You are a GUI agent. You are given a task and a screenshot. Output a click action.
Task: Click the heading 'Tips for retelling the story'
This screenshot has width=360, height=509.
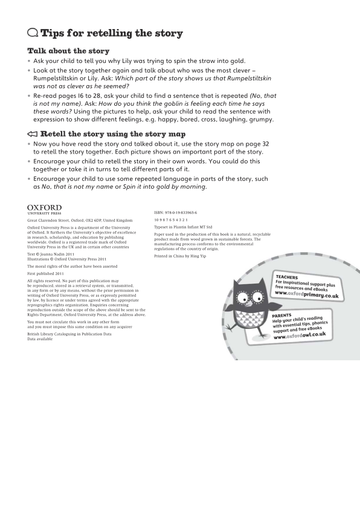111,33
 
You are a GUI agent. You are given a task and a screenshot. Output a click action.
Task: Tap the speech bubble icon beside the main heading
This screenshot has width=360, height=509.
33,33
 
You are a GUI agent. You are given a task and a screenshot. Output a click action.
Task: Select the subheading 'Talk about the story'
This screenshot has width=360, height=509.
68,51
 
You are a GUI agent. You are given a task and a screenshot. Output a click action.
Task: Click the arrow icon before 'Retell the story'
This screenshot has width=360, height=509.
33,134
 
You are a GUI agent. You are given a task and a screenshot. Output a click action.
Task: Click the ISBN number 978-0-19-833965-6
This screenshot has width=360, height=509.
175,213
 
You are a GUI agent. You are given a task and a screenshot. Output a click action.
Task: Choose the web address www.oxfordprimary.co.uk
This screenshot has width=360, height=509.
306,293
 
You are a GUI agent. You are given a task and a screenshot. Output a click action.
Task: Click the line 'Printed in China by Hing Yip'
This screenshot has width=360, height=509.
179,257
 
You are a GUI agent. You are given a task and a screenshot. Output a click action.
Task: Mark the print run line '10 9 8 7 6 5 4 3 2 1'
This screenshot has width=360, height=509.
171,220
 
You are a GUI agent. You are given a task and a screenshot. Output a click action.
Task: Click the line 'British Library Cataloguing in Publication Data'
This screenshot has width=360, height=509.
69,334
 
